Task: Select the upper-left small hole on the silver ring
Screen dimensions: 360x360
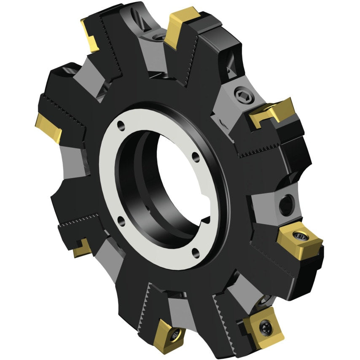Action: pos(121,125)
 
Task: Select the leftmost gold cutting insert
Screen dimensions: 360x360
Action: pos(48,128)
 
